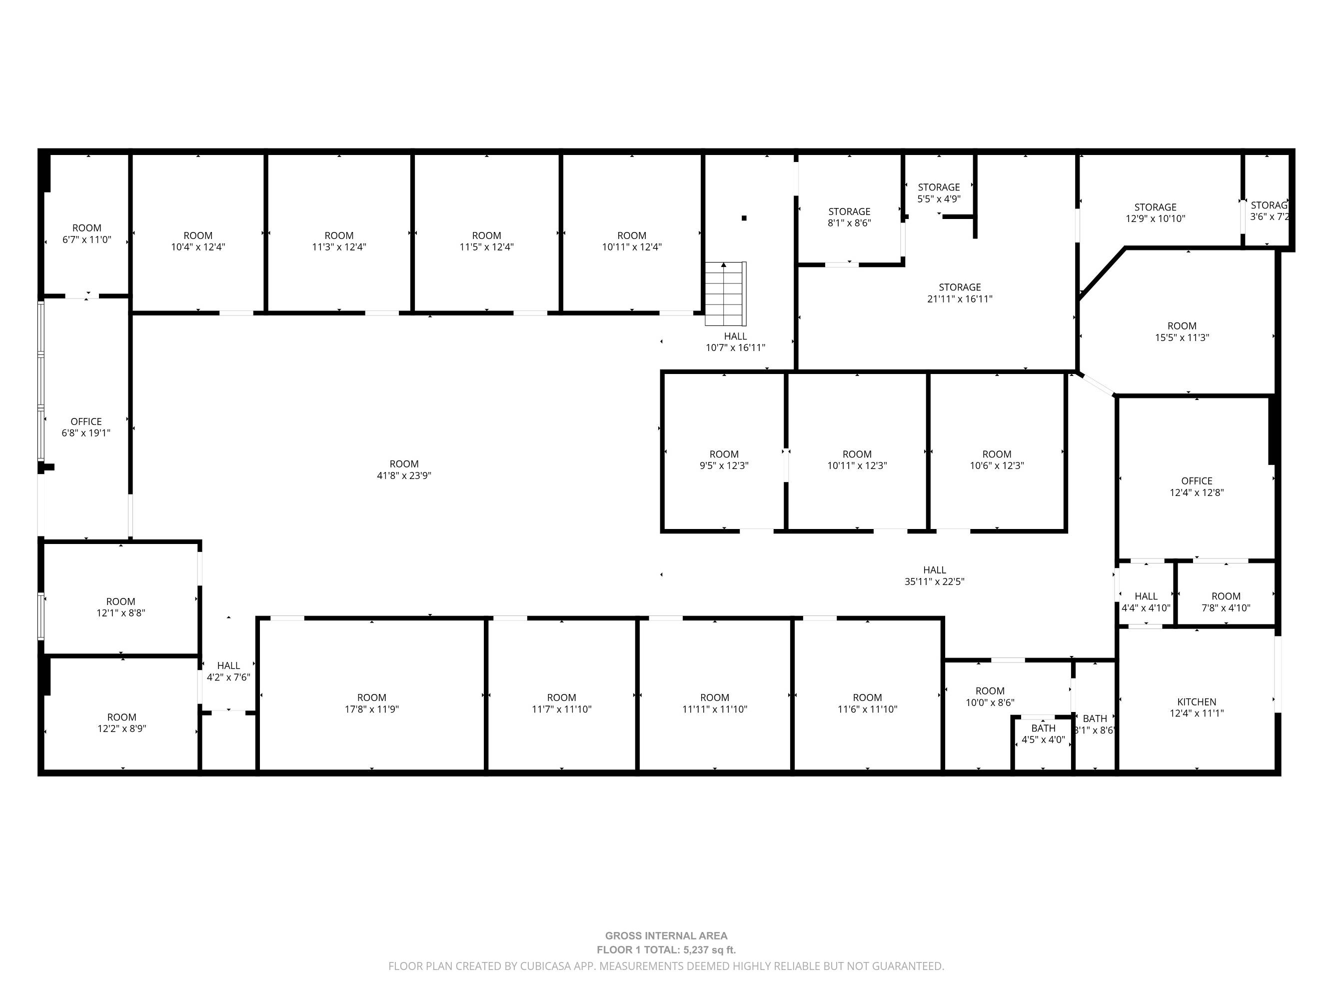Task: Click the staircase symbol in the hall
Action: point(726,293)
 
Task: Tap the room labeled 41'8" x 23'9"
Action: point(404,469)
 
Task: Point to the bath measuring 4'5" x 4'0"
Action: point(1043,733)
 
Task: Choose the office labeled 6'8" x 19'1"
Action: point(86,427)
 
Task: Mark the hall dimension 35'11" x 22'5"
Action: point(935,581)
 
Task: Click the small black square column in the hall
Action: point(744,218)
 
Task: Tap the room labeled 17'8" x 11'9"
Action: point(372,703)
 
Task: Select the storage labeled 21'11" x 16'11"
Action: point(960,293)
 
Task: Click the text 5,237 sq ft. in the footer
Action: point(709,950)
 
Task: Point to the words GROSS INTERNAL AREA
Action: point(667,936)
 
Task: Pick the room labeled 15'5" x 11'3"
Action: point(1182,331)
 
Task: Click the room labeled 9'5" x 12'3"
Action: point(724,460)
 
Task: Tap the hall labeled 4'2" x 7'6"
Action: point(228,671)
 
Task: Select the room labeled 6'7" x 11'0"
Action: point(87,233)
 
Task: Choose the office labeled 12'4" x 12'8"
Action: point(1197,486)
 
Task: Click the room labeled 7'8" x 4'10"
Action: point(1226,602)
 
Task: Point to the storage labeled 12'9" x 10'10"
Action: point(1155,213)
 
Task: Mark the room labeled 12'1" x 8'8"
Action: point(120,607)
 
